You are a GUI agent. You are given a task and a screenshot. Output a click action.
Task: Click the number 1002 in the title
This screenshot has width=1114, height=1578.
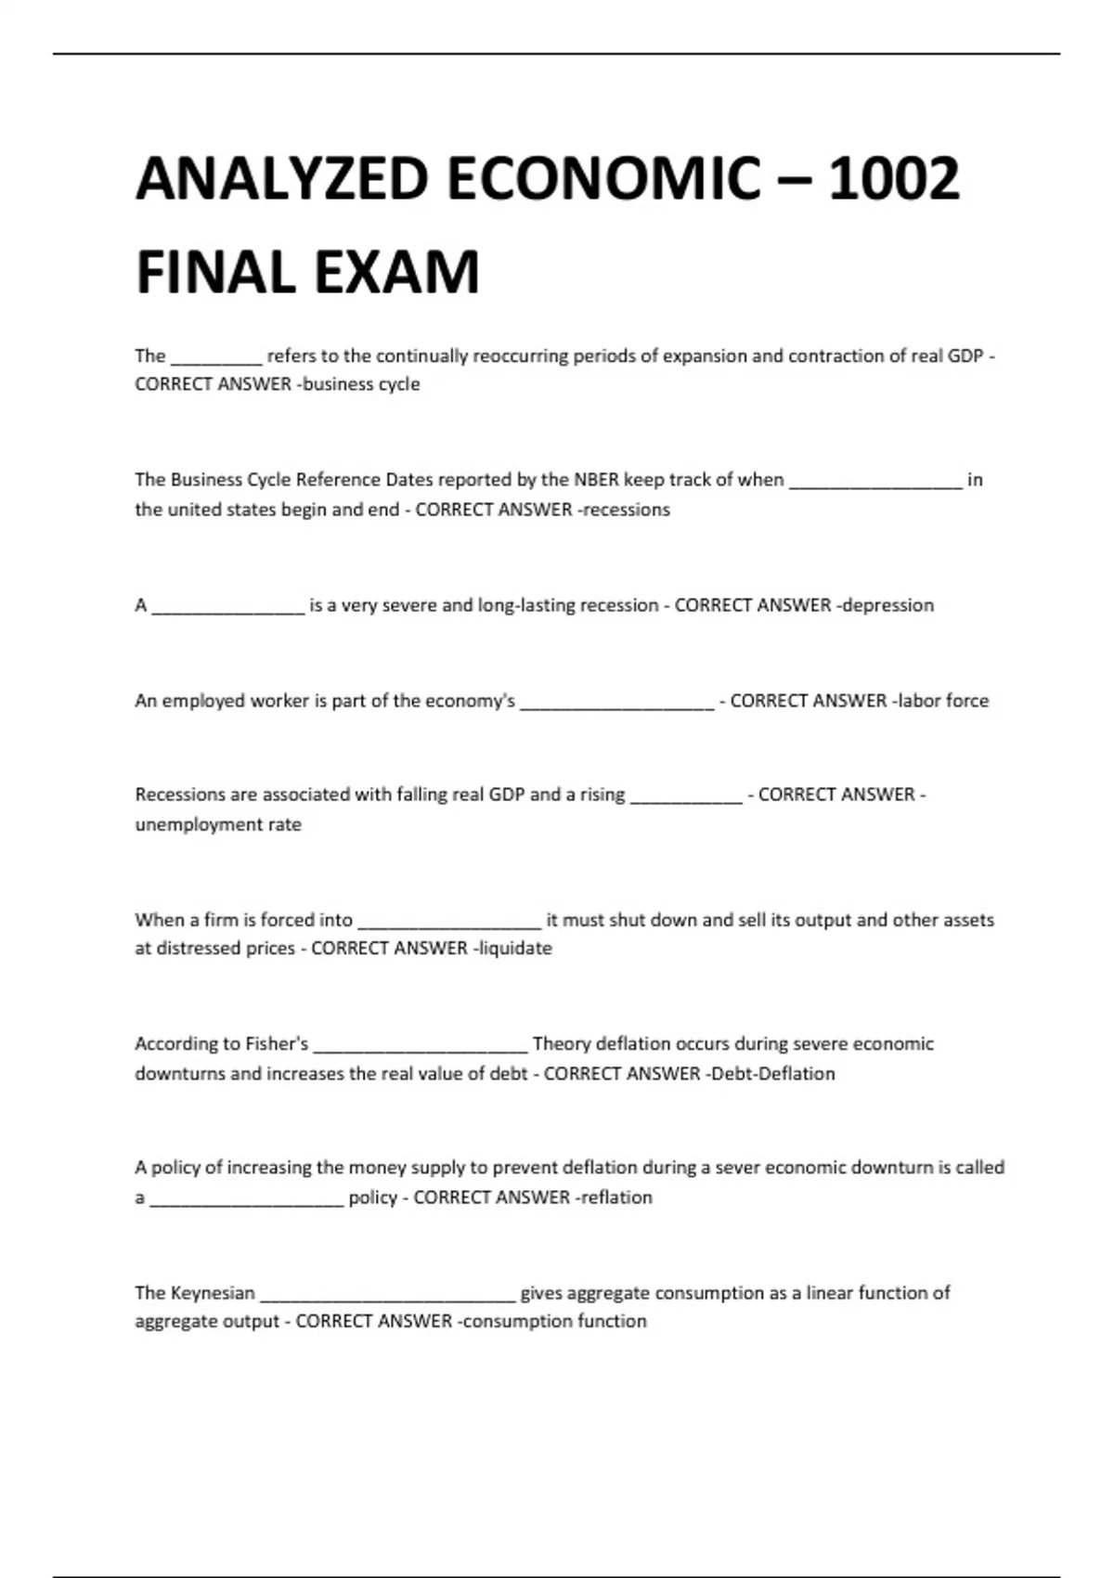click(893, 178)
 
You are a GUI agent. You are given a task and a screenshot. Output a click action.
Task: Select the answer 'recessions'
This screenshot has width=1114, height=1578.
click(627, 510)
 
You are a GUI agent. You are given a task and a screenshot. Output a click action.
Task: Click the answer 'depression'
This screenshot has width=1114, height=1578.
click(888, 605)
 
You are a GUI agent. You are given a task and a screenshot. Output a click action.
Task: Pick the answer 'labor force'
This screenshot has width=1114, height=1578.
click(943, 701)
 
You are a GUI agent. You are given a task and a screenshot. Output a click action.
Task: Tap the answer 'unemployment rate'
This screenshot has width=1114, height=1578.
click(218, 824)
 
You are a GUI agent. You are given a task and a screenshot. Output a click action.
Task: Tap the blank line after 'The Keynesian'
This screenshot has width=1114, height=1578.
click(387, 1296)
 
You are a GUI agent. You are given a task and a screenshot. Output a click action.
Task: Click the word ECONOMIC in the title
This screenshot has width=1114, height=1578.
click(602, 178)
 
